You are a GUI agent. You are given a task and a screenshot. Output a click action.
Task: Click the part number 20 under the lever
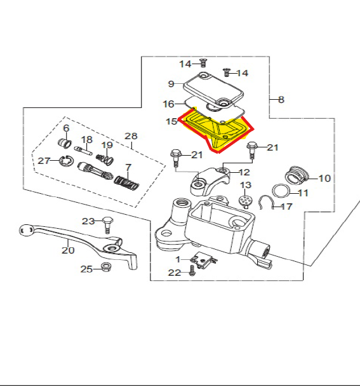tap(68, 250)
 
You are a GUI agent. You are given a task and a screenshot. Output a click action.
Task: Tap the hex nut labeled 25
tap(107, 267)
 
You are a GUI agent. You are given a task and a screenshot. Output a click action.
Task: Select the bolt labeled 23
tap(107, 225)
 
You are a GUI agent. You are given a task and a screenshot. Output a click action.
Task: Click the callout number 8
tap(281, 100)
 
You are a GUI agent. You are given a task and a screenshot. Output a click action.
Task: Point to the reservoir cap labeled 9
tap(213, 90)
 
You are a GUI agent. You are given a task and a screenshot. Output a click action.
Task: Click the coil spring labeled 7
tap(127, 183)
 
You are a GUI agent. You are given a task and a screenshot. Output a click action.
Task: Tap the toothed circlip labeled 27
tap(67, 161)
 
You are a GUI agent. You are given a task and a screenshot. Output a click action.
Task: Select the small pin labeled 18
tap(83, 151)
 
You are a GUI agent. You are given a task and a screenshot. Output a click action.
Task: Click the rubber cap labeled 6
tap(65, 144)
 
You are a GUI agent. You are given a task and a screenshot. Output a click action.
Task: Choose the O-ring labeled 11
tap(281, 191)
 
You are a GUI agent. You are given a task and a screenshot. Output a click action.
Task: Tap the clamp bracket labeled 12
tap(210, 181)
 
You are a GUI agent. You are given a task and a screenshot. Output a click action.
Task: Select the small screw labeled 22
tap(192, 271)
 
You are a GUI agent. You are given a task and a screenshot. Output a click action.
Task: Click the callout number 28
tap(131, 136)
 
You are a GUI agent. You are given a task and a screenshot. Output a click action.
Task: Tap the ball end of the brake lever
tap(26, 231)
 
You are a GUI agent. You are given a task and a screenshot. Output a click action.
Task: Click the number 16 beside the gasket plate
tap(169, 104)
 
